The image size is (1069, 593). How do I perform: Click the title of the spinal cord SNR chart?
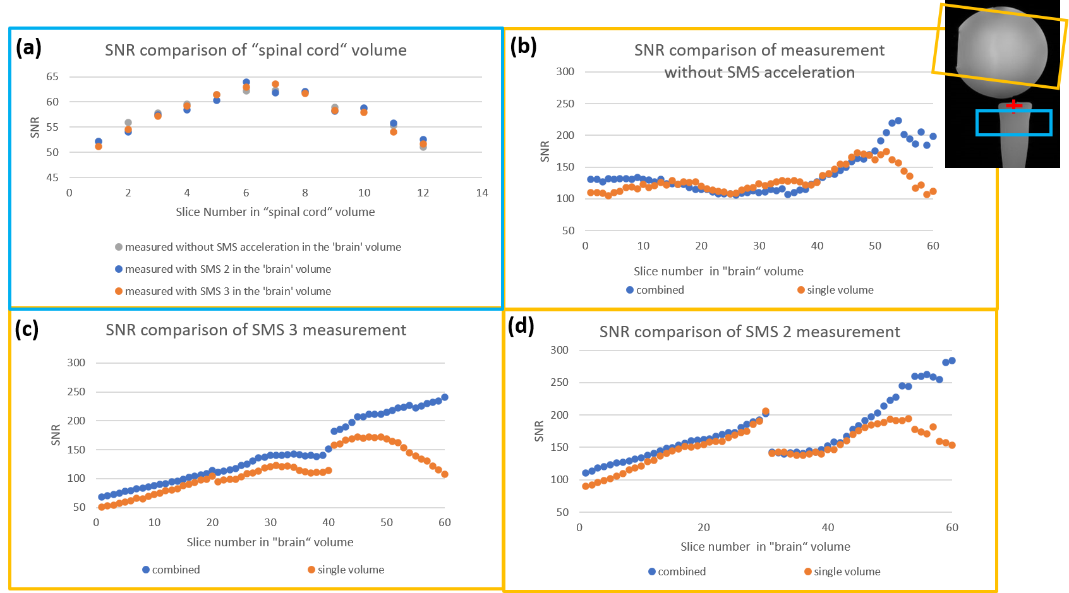[255, 51]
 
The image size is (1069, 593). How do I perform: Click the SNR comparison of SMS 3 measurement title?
[255, 330]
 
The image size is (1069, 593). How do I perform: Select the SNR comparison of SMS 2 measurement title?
[749, 332]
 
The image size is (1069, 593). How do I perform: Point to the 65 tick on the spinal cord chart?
[52, 76]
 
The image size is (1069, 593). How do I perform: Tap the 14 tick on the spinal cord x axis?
[482, 193]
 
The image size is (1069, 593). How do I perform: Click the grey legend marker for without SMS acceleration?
[119, 247]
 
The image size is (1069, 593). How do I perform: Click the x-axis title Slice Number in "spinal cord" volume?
[275, 212]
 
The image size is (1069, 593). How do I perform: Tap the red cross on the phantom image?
[1013, 105]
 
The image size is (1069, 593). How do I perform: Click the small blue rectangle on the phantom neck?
[1013, 123]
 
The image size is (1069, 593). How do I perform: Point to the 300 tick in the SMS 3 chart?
[76, 362]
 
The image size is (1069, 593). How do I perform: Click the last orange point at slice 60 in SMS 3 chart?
[445, 474]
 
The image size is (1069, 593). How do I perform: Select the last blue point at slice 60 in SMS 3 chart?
[445, 397]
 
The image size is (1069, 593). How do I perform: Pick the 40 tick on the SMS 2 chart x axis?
[828, 527]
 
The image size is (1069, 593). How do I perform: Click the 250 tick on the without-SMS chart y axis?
[565, 104]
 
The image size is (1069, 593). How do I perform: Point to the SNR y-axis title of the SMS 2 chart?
[539, 431]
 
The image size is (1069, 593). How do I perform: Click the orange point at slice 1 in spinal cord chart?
[99, 147]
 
